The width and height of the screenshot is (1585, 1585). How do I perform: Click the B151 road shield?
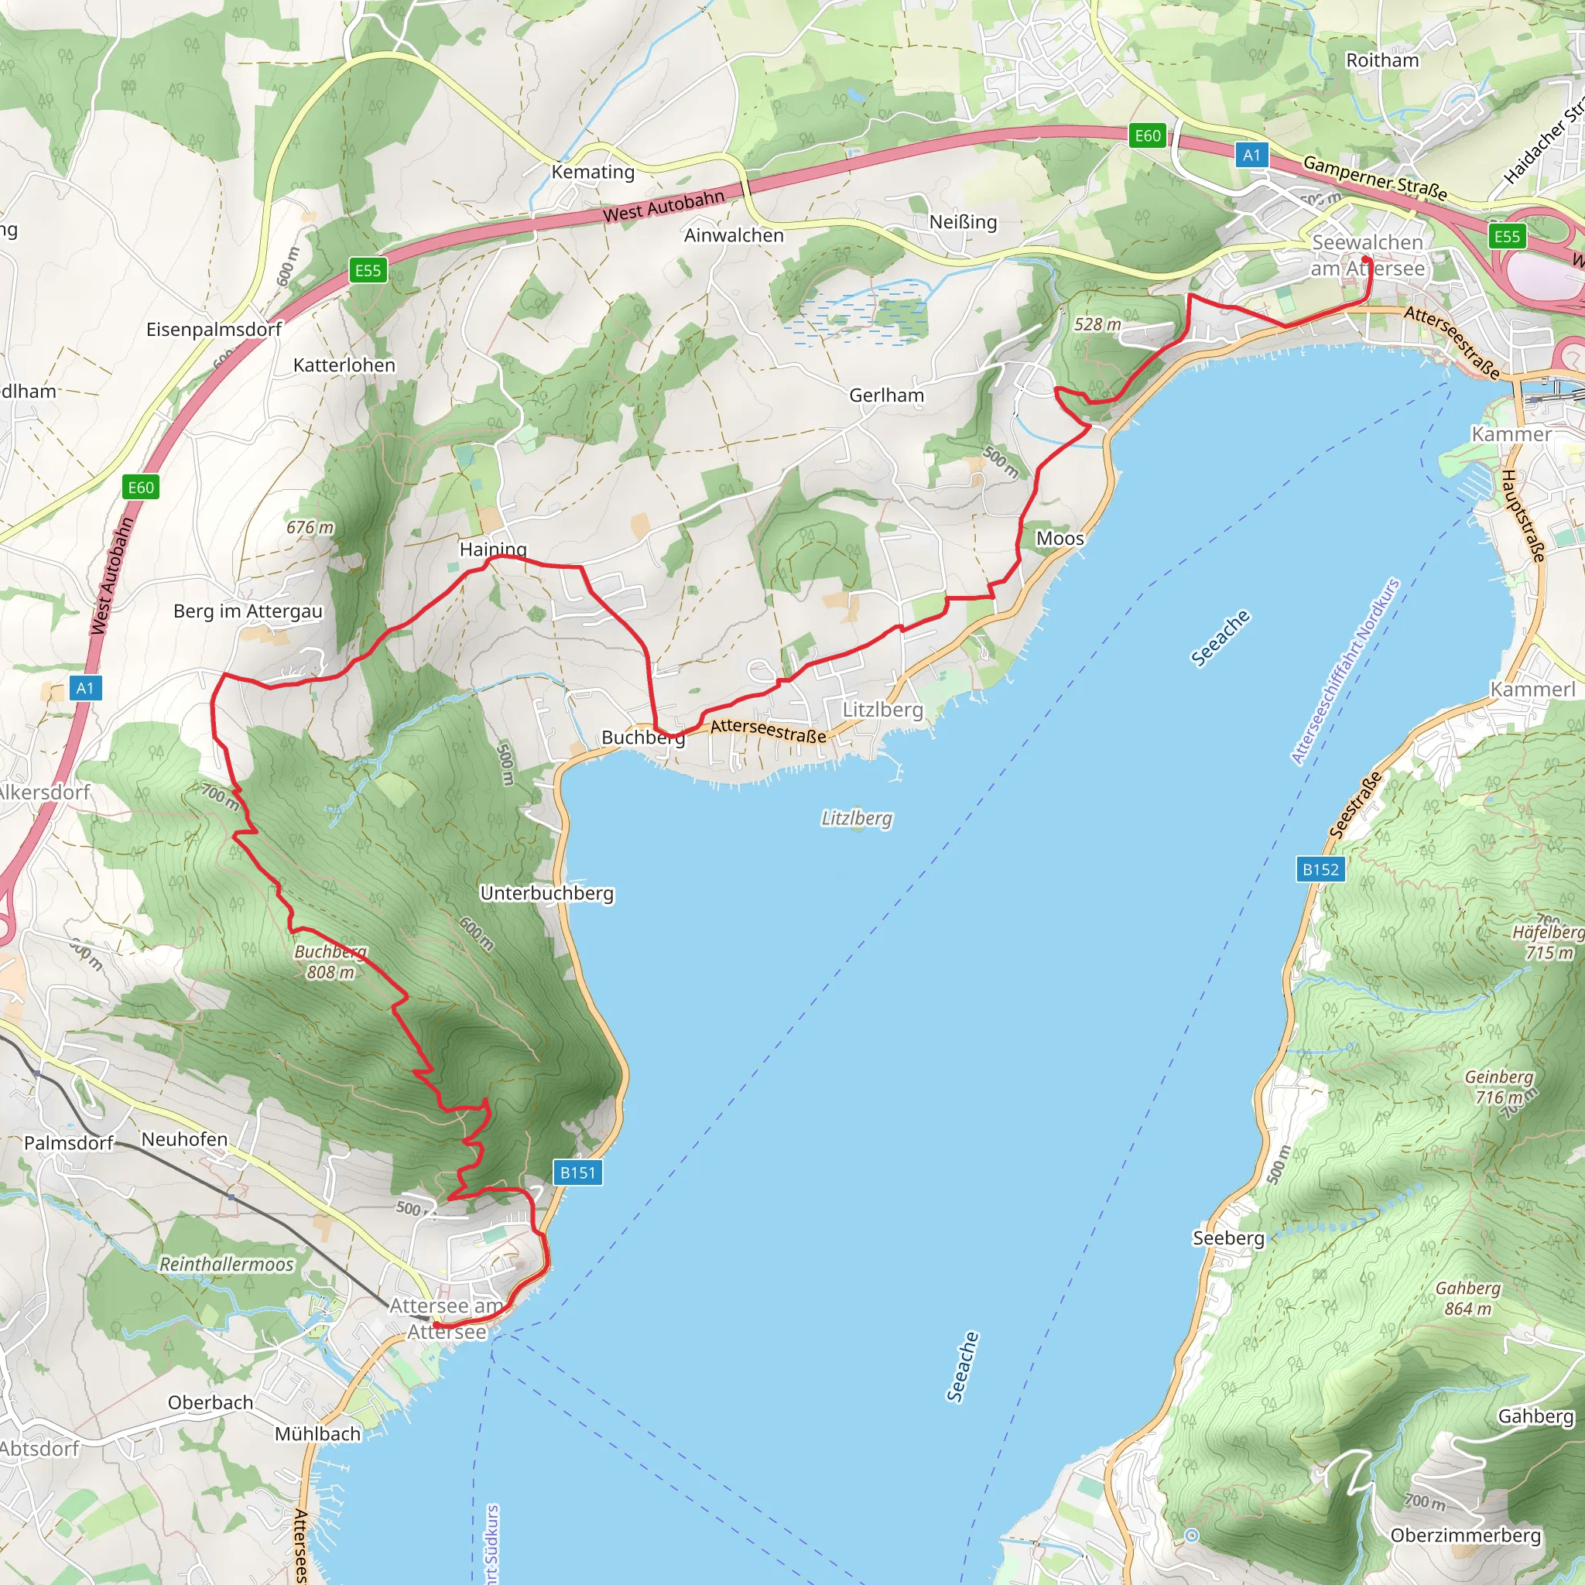tap(577, 1172)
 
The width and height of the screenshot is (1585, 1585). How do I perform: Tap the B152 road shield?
tap(1321, 870)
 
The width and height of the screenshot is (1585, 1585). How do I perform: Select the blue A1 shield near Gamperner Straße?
tap(1251, 155)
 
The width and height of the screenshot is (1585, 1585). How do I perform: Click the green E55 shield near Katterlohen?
tap(368, 270)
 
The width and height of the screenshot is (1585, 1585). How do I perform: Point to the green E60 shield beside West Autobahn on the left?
tap(140, 488)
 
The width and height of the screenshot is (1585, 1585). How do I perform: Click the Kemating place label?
tap(593, 173)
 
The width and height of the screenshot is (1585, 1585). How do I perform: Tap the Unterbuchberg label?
tap(547, 893)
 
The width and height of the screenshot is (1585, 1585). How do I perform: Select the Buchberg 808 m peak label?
tap(330, 961)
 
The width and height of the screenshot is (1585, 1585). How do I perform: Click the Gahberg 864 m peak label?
tap(1467, 1298)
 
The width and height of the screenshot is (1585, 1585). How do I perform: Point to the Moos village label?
tap(1060, 539)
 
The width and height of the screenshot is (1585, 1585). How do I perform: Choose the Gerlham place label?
tap(886, 395)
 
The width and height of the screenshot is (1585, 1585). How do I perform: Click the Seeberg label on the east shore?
tap(1228, 1238)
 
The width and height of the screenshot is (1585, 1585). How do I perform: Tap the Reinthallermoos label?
tap(227, 1265)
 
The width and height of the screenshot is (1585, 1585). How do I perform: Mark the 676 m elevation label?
tap(310, 528)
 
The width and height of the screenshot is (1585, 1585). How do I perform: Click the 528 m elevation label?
tap(1097, 324)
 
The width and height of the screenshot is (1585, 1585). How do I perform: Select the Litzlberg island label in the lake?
tap(857, 819)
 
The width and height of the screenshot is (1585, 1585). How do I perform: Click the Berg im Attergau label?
tap(248, 611)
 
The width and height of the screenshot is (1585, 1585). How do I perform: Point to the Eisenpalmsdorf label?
tap(214, 330)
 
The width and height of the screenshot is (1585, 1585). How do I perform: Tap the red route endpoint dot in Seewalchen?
tap(1366, 260)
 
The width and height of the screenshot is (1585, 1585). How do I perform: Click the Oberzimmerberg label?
tap(1465, 1535)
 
